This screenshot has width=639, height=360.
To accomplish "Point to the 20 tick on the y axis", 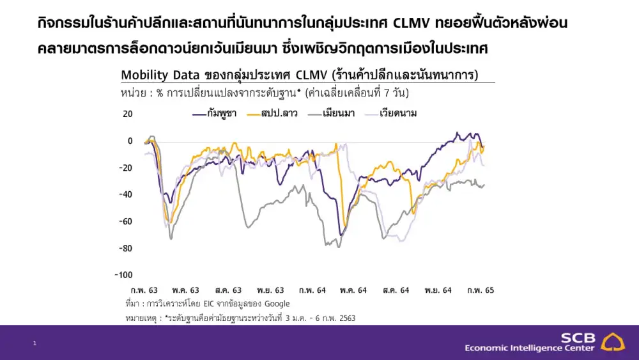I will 127,114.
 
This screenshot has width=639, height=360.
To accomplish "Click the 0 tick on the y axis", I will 130,141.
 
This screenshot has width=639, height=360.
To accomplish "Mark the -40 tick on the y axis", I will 125,194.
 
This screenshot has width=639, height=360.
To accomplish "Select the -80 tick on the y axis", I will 125,248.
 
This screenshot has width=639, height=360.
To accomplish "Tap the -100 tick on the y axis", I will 123,275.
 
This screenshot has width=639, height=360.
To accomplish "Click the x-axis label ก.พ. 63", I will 144,290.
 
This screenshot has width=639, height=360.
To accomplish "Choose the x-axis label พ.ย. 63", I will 270,290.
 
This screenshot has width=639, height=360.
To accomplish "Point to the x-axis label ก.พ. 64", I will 312,290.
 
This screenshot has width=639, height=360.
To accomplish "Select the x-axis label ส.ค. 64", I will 396,290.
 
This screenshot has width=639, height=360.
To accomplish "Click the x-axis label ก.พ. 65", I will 481,290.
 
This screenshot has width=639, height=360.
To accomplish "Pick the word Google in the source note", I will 277,304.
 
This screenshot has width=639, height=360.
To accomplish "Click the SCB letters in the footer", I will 578,338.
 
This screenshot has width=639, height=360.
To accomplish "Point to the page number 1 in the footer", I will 35,344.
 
